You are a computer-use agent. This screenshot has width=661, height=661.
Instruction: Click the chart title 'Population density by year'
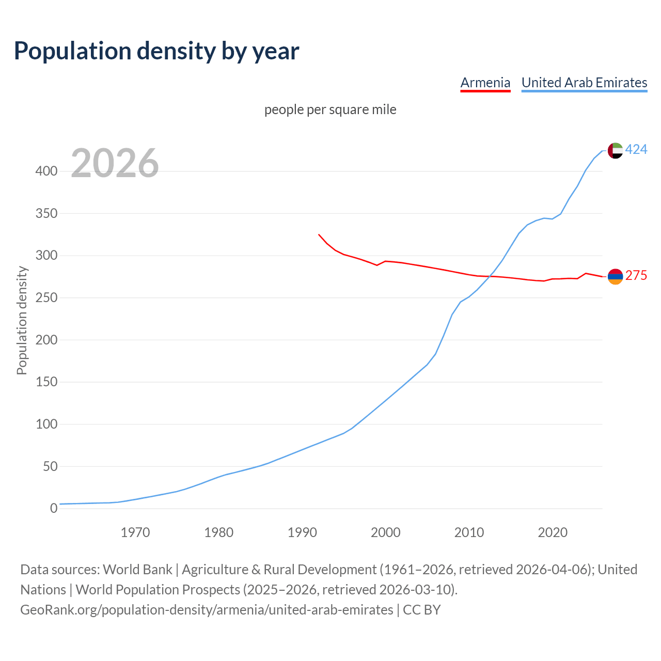point(156,51)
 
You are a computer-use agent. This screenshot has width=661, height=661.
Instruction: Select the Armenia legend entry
point(485,83)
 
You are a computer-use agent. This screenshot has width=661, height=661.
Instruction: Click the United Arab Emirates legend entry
point(584,83)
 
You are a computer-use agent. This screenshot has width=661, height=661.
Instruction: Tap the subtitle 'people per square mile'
point(330,110)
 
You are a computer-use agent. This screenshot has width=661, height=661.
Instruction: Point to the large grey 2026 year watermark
point(115,163)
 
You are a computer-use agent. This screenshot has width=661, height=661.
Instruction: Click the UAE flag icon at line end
point(615,150)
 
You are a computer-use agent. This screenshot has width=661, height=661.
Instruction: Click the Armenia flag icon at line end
point(615,277)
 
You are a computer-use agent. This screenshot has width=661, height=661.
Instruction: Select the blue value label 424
point(636,150)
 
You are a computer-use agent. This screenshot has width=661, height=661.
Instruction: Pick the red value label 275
point(636,276)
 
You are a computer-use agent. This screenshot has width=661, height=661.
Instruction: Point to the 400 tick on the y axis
point(46,171)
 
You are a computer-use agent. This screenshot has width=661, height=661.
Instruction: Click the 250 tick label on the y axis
point(46,298)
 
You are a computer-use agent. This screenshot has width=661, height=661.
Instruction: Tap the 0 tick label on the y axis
point(54,509)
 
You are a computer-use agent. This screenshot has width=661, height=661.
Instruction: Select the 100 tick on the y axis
point(46,424)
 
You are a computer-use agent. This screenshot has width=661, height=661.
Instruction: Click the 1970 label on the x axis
point(135,532)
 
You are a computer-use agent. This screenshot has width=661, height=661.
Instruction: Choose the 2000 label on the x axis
point(386,532)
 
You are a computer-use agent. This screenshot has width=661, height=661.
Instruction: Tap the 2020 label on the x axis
point(553,532)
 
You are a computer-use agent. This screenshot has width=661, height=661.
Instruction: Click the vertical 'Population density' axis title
point(22,320)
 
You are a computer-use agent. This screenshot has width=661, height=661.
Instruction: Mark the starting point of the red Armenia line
point(319,234)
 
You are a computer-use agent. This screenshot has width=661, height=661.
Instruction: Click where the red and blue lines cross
point(490,276)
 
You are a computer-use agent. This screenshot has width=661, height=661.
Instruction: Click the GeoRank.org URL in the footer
point(207,610)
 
